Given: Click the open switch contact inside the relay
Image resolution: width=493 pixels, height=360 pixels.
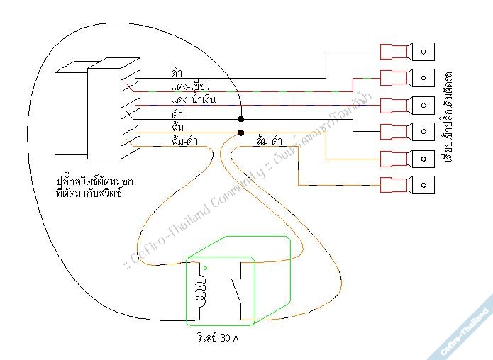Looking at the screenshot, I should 240,291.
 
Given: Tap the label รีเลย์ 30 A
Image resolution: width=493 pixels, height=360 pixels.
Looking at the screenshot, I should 218,338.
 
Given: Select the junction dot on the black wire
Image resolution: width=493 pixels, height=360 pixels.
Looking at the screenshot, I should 240,119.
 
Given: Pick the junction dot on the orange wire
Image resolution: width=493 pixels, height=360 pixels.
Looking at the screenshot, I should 240,133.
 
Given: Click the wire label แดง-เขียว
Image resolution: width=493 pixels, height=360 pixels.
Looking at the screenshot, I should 190,86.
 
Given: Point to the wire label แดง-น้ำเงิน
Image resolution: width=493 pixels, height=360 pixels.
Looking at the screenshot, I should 193,100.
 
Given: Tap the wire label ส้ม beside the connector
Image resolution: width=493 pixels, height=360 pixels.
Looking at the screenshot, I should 178,126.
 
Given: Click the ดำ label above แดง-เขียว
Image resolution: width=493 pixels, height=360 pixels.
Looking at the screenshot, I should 177,72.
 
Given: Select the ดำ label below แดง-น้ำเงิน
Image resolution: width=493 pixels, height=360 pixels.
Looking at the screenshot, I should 177,113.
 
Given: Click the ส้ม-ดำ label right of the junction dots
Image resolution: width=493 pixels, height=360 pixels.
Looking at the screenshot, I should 271,141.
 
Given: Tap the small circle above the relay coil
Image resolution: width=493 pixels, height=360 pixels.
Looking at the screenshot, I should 205,269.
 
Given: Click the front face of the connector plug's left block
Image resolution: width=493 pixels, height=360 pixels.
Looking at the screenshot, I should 71,113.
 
